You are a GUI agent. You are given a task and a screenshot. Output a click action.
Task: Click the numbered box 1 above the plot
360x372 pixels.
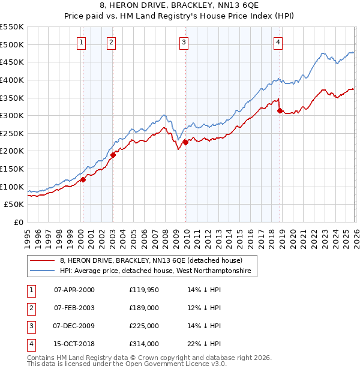pos(81,42)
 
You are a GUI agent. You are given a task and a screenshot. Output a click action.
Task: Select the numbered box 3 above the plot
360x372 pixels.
pos(184,42)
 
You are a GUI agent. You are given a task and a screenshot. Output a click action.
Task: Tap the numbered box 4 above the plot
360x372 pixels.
pos(278,42)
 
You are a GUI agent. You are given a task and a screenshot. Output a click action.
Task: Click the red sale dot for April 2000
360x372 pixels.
pos(83,179)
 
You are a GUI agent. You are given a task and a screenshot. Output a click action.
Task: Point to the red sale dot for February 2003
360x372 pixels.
pos(113,155)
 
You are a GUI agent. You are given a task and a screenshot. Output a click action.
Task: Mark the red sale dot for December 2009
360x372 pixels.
pos(185,142)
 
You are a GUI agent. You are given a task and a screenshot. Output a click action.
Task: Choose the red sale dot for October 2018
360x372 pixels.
pos(280,110)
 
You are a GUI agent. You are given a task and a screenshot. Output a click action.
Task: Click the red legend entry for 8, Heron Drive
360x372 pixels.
pos(151,261)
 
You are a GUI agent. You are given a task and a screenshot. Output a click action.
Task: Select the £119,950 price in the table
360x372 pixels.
pos(143,290)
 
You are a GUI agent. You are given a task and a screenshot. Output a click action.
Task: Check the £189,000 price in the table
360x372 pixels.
pos(143,308)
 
